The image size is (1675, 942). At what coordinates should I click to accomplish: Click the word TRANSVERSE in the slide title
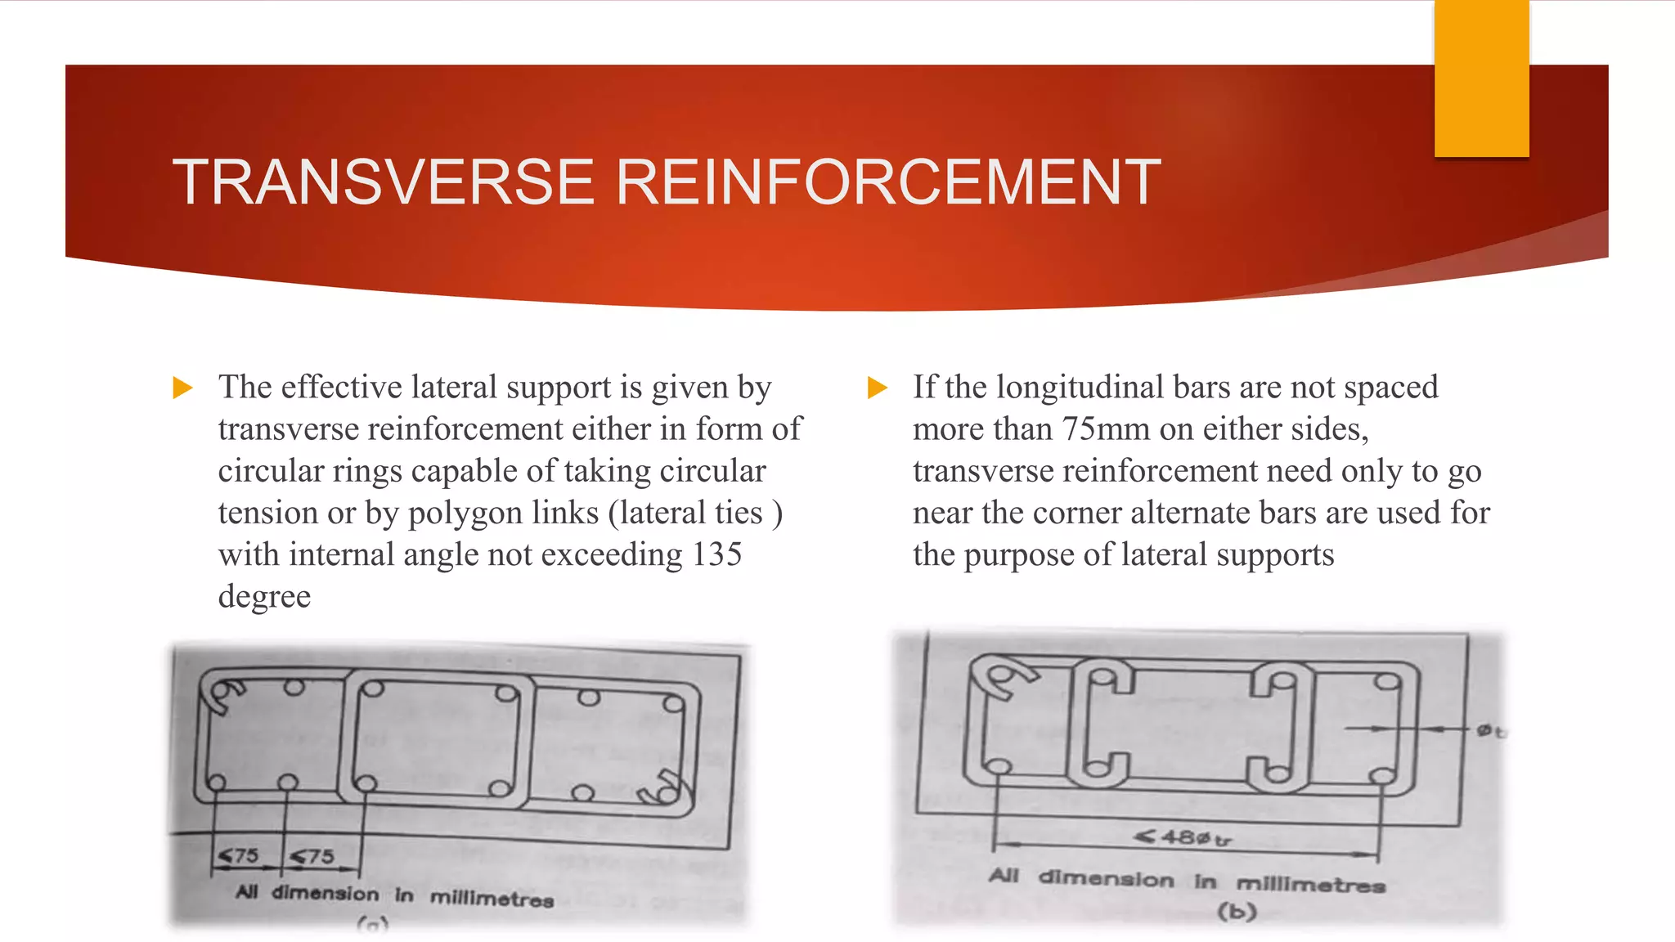click(x=383, y=182)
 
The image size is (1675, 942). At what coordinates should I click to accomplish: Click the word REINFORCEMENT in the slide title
click(x=887, y=182)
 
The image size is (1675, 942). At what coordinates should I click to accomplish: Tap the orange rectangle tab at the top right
click(x=1481, y=78)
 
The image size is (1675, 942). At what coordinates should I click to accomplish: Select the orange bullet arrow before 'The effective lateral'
click(x=183, y=388)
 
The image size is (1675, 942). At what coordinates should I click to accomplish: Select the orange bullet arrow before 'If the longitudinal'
click(x=877, y=388)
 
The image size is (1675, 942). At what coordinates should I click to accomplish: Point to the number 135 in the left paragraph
click(x=716, y=554)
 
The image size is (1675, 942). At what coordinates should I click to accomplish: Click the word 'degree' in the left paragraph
click(x=264, y=597)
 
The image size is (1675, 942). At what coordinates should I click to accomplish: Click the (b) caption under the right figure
click(x=1237, y=911)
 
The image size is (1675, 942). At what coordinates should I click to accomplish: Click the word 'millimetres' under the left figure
click(x=492, y=899)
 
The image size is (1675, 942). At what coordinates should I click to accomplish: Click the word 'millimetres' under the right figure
click(x=1310, y=884)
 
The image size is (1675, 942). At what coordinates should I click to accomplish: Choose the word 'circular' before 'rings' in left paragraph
click(x=269, y=472)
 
